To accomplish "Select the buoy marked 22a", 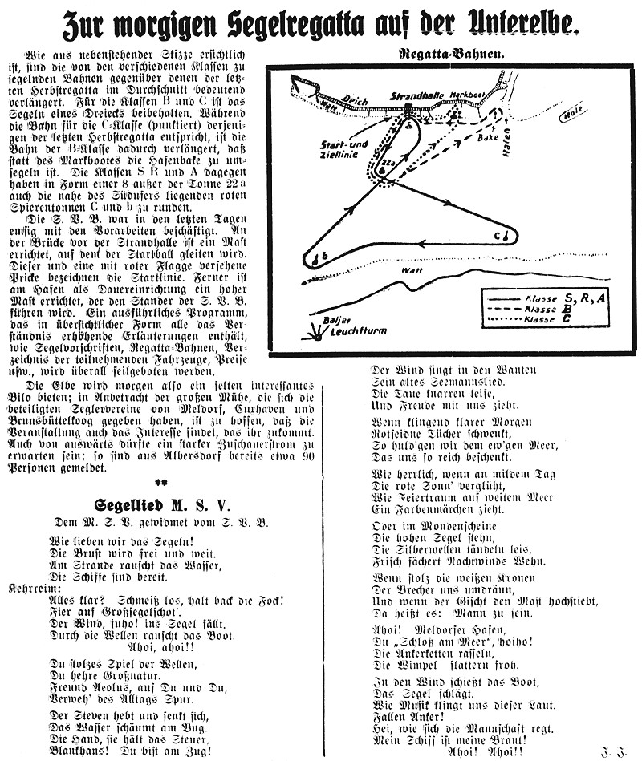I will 387,185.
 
